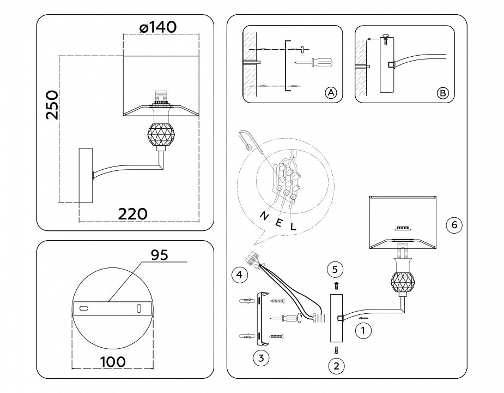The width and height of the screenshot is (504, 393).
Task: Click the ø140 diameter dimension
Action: (158, 27)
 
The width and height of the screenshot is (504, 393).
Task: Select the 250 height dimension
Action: (52, 105)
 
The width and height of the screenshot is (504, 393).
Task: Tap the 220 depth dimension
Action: (133, 213)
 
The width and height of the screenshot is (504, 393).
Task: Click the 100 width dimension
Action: (112, 361)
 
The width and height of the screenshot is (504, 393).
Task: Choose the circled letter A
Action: (331, 93)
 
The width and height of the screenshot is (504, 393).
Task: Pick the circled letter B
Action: (442, 93)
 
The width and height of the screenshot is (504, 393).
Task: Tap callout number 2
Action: (336, 366)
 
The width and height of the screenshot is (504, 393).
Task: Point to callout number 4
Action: (237, 275)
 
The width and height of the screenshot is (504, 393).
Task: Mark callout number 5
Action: (336, 269)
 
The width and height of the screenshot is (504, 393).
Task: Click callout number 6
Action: (454, 224)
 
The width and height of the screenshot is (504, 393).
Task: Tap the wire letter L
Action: (293, 226)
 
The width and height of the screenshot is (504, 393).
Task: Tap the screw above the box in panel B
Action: (386, 37)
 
